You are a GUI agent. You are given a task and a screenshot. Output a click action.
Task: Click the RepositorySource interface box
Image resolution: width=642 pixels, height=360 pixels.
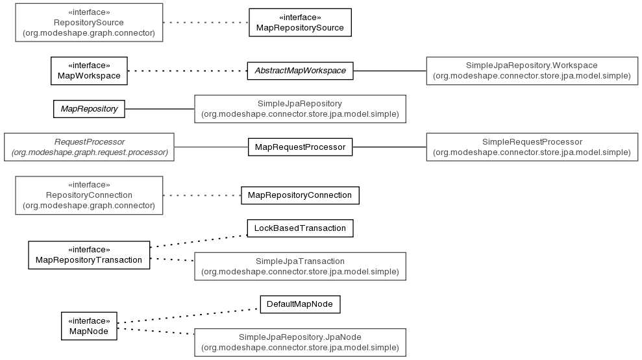(x=89, y=23)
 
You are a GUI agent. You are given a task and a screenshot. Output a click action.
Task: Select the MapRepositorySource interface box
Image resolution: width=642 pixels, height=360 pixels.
(x=300, y=23)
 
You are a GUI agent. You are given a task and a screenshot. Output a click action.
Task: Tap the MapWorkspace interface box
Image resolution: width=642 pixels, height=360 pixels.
(x=89, y=71)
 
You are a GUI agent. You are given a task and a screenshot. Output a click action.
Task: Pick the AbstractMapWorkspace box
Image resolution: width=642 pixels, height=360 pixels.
(x=300, y=71)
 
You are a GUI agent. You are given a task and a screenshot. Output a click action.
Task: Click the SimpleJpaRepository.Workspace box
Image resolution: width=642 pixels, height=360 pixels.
(x=532, y=71)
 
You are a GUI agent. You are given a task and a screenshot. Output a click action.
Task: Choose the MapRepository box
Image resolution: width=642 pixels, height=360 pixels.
(x=89, y=109)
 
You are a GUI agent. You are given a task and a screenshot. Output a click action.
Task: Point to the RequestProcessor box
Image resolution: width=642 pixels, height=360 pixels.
(x=89, y=147)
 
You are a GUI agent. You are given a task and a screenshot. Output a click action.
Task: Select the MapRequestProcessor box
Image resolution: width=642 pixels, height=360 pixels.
(x=300, y=147)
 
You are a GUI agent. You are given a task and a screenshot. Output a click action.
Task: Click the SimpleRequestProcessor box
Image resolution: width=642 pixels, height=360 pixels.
(x=532, y=147)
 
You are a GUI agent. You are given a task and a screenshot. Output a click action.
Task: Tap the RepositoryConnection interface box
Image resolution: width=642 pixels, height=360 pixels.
(x=89, y=195)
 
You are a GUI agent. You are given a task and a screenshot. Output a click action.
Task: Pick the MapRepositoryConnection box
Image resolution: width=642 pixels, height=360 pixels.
(x=300, y=195)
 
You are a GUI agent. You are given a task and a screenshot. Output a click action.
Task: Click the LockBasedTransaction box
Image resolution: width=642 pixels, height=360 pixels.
(x=300, y=228)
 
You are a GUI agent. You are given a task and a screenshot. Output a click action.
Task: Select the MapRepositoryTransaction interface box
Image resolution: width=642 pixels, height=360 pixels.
(x=89, y=255)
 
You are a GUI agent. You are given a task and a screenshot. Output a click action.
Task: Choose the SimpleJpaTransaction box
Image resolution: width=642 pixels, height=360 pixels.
(x=300, y=267)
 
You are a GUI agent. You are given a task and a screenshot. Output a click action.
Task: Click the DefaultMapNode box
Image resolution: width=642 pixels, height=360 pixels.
(x=300, y=304)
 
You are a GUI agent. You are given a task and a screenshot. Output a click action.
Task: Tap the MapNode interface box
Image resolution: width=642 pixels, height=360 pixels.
(x=89, y=326)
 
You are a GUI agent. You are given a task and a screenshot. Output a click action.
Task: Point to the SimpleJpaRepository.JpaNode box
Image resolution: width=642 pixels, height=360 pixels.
(x=300, y=342)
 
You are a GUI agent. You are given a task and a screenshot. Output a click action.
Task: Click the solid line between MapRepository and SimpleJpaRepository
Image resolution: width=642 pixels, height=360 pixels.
(x=160, y=109)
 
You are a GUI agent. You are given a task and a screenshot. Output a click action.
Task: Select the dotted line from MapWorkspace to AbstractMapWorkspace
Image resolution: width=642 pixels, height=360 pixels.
(x=187, y=71)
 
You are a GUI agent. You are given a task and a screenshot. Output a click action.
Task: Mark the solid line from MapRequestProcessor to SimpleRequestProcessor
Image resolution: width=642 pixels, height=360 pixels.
(x=389, y=147)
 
